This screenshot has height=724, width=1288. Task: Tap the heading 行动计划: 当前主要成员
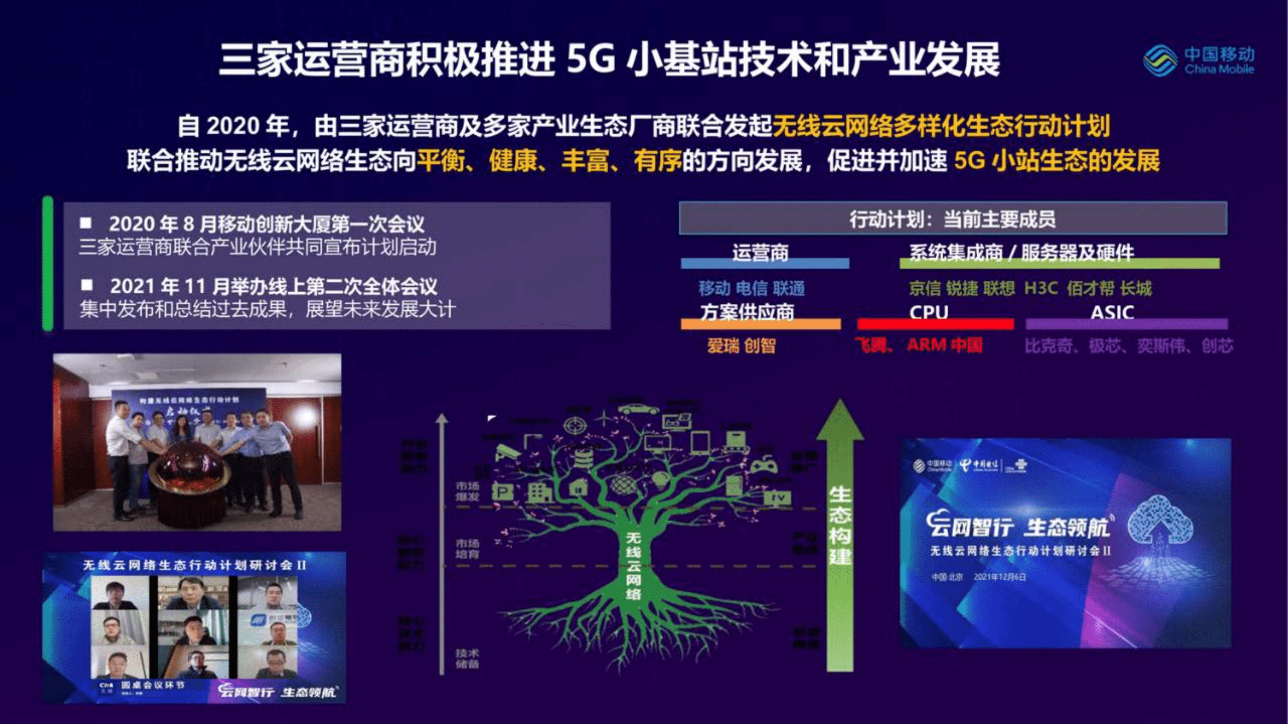click(x=953, y=219)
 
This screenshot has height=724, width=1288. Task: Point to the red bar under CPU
click(x=936, y=324)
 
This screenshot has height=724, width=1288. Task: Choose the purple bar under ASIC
click(x=1126, y=324)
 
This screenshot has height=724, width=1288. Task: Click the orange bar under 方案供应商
click(x=760, y=324)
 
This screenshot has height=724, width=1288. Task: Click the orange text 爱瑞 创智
click(x=741, y=346)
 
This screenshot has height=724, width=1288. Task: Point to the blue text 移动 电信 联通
click(x=751, y=288)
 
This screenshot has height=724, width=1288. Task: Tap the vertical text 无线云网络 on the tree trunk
click(x=634, y=565)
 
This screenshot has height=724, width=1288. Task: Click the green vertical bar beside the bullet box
click(x=48, y=263)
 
